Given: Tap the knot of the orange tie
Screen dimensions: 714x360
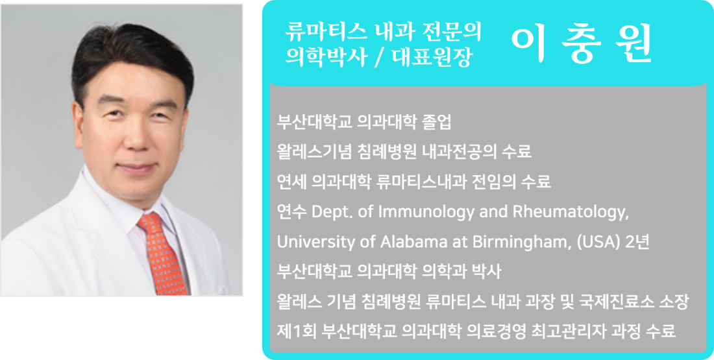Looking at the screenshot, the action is coord(151,222).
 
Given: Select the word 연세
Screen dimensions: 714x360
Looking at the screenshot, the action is coord(292,182).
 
